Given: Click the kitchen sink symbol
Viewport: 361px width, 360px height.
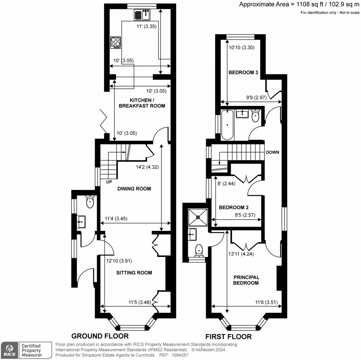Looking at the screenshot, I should (x=142, y=15).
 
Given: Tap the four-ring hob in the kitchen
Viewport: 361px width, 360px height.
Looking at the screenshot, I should (x=116, y=43).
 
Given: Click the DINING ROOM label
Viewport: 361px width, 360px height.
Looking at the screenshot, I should (x=134, y=189).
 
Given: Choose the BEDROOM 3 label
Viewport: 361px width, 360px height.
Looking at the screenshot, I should (x=243, y=73).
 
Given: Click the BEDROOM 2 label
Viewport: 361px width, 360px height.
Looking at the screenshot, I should (x=234, y=208).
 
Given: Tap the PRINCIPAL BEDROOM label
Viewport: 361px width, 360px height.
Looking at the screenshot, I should (x=246, y=280).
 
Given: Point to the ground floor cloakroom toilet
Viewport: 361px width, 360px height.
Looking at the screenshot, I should (x=90, y=202).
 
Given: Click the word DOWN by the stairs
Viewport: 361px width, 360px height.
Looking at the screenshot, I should (x=273, y=153).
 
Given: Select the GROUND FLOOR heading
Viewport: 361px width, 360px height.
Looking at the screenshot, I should (x=100, y=336).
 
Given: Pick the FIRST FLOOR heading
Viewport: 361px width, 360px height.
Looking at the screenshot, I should (x=228, y=336).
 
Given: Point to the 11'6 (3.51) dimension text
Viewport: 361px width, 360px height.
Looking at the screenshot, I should (x=268, y=302).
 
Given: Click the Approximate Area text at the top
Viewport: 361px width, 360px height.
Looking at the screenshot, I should (x=299, y=5).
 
